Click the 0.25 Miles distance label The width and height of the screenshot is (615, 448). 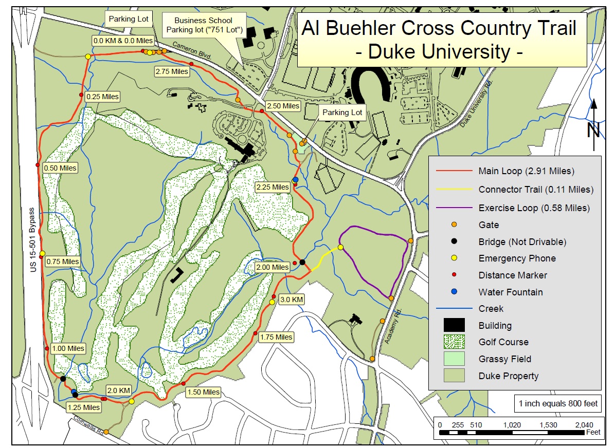click(103, 97)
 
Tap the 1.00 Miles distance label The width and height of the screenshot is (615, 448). click(68, 348)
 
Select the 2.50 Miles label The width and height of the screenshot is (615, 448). click(282, 106)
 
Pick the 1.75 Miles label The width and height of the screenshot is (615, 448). click(276, 337)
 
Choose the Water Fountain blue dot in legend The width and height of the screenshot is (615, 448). click(454, 292)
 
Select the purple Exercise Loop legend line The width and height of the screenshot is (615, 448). click(454, 208)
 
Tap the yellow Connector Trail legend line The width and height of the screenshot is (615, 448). click(454, 190)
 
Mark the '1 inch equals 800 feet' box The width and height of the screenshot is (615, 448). click(557, 403)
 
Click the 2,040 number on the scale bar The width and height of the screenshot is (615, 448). click(584, 425)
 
